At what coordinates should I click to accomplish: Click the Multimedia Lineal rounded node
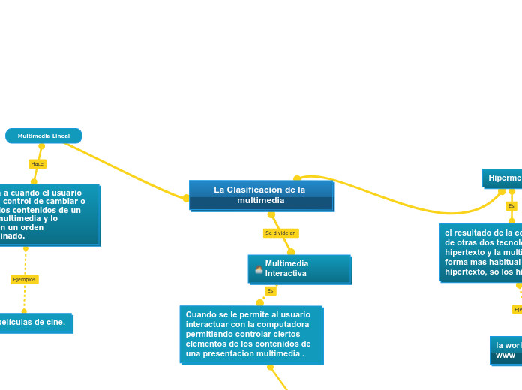(43, 136)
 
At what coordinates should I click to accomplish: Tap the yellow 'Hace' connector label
(37, 163)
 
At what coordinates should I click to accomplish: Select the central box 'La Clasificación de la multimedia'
(260, 195)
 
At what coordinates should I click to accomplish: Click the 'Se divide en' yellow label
(280, 233)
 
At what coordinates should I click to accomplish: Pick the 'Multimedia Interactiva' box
(299, 268)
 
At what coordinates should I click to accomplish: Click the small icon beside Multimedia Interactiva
(259, 269)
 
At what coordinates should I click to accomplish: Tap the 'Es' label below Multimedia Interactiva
(270, 290)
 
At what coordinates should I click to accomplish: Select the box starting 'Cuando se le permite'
(251, 334)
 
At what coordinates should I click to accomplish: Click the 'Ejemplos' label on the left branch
(24, 279)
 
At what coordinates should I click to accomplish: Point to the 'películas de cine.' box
(34, 322)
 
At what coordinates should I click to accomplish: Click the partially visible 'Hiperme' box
(502, 178)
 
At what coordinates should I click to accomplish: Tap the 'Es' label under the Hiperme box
(511, 205)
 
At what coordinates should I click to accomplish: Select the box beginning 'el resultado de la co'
(481, 252)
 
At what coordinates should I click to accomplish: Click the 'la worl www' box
(506, 349)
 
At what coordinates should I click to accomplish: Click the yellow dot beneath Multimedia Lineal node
(42, 146)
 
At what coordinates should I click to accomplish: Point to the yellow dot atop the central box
(297, 178)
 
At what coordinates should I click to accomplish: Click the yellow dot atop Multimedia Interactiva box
(291, 252)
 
